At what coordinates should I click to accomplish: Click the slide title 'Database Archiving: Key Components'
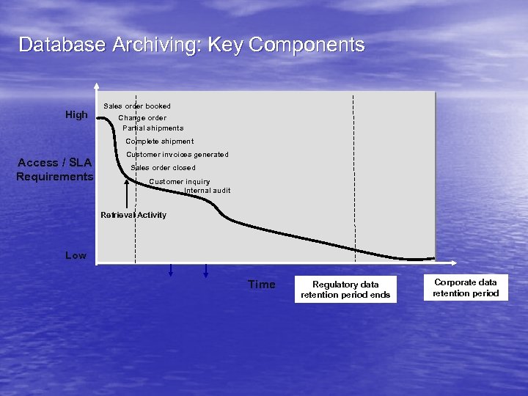tap(191, 45)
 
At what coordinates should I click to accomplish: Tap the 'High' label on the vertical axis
tap(76, 114)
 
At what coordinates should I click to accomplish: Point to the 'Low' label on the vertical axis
tap(76, 255)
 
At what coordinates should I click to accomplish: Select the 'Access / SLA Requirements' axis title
tap(55, 169)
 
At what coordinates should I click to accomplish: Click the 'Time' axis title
tap(261, 285)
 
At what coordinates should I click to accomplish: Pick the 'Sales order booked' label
tap(137, 106)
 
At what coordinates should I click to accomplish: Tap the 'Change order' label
tap(142, 117)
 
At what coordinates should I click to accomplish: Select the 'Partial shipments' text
tap(153, 128)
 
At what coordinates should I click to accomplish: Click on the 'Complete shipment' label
tap(160, 142)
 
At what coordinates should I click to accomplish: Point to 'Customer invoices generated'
tap(177, 155)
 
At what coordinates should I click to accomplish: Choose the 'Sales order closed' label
tap(163, 168)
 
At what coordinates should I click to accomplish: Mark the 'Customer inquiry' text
tap(180, 182)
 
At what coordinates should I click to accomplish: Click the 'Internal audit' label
tap(208, 191)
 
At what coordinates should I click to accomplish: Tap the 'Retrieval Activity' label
tap(133, 215)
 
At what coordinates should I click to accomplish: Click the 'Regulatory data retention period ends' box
tap(345, 290)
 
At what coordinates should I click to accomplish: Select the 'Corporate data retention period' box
tap(466, 287)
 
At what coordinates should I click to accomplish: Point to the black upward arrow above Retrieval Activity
tap(128, 194)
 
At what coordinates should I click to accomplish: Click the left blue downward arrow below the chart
tap(170, 271)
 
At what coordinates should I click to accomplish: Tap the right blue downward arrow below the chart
tap(205, 271)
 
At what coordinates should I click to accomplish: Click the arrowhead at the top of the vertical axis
tap(97, 85)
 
